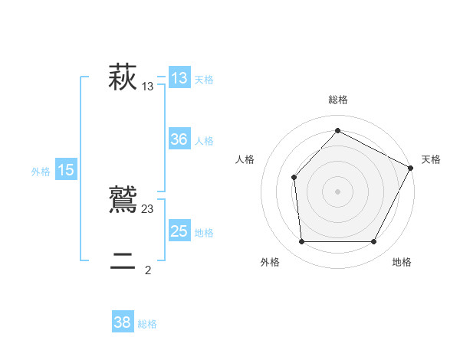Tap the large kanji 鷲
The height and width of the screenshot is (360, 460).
click(x=123, y=200)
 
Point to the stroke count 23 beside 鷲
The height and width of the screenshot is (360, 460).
click(x=148, y=209)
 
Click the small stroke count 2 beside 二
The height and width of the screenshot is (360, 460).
click(x=148, y=270)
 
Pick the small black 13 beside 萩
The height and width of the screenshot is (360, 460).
click(x=148, y=87)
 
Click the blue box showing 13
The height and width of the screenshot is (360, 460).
click(x=179, y=77)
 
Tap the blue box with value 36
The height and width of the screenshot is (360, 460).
click(x=179, y=139)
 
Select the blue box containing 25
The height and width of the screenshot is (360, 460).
click(x=179, y=231)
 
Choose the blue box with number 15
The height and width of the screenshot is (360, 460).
click(x=66, y=170)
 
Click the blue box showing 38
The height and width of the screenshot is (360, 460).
click(x=123, y=322)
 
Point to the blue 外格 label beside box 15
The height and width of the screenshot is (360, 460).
click(x=41, y=172)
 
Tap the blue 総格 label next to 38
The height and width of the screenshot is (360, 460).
click(x=147, y=324)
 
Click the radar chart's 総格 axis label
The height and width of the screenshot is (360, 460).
click(x=338, y=100)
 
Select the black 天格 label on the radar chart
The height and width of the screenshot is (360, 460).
click(x=431, y=159)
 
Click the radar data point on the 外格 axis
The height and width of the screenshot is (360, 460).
click(x=301, y=242)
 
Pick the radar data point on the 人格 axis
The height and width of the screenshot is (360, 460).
click(x=294, y=177)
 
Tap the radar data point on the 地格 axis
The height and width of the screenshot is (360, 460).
click(x=374, y=242)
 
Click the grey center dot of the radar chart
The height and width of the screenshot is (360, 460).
click(x=337, y=191)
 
